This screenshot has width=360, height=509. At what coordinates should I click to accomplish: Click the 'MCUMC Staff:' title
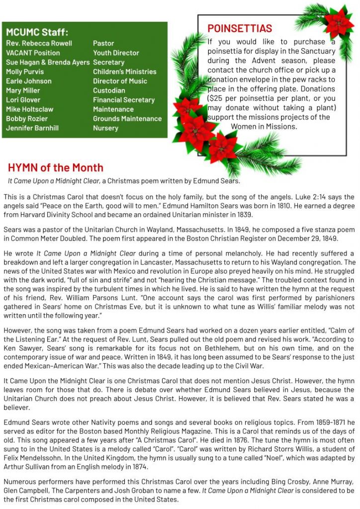pyautogui.click(x=37, y=32)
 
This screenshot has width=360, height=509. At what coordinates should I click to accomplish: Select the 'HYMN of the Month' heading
pyautogui.click(x=55, y=168)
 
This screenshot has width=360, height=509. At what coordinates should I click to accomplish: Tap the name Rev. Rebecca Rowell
pyautogui.click(x=39, y=43)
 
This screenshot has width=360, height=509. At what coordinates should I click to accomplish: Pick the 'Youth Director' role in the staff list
pyautogui.click(x=116, y=53)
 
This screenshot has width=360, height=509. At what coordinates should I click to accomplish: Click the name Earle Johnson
pyautogui.click(x=28, y=81)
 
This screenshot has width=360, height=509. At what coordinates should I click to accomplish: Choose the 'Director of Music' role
pyautogui.click(x=120, y=81)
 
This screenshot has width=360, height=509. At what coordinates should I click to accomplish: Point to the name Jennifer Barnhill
pyautogui.click(x=32, y=128)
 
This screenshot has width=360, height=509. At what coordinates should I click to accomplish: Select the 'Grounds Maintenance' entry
pyautogui.click(x=127, y=119)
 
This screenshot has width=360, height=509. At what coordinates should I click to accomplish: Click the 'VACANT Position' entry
pyautogui.click(x=33, y=53)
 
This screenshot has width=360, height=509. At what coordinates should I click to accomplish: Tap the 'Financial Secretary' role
pyautogui.click(x=124, y=100)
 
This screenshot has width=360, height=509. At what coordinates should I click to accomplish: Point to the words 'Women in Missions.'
pyautogui.click(x=264, y=126)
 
